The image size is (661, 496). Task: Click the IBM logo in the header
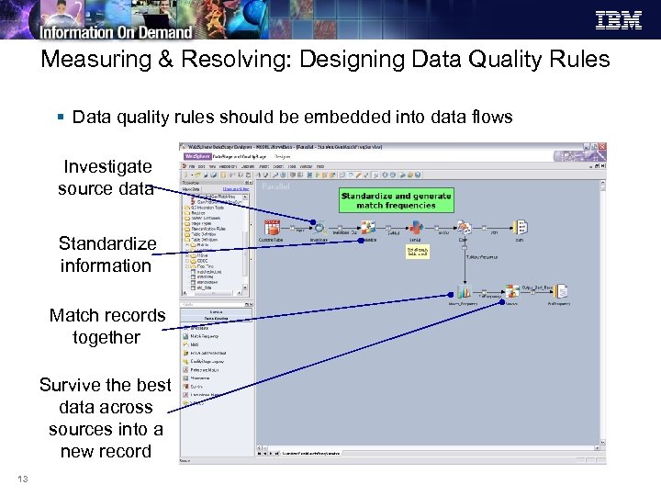point(619,19)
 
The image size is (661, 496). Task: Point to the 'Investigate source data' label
point(106,177)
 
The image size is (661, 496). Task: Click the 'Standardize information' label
point(106,254)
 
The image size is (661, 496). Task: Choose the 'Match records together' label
point(106,326)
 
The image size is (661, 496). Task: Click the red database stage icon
point(272,226)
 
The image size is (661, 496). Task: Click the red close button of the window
point(601,147)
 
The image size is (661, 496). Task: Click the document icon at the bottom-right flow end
point(559,291)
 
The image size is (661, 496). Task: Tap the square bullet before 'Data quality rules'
point(61,118)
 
